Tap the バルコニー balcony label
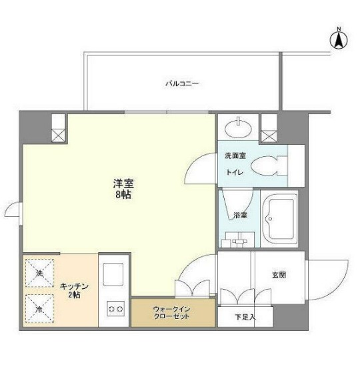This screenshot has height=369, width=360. point(182,84)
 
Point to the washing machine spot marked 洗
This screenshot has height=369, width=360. point(40,274)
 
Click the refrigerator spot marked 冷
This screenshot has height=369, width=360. point(40,308)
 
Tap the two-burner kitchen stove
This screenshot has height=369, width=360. point(115,309)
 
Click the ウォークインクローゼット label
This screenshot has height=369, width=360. point(173,312)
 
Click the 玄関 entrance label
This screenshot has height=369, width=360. point(279,274)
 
